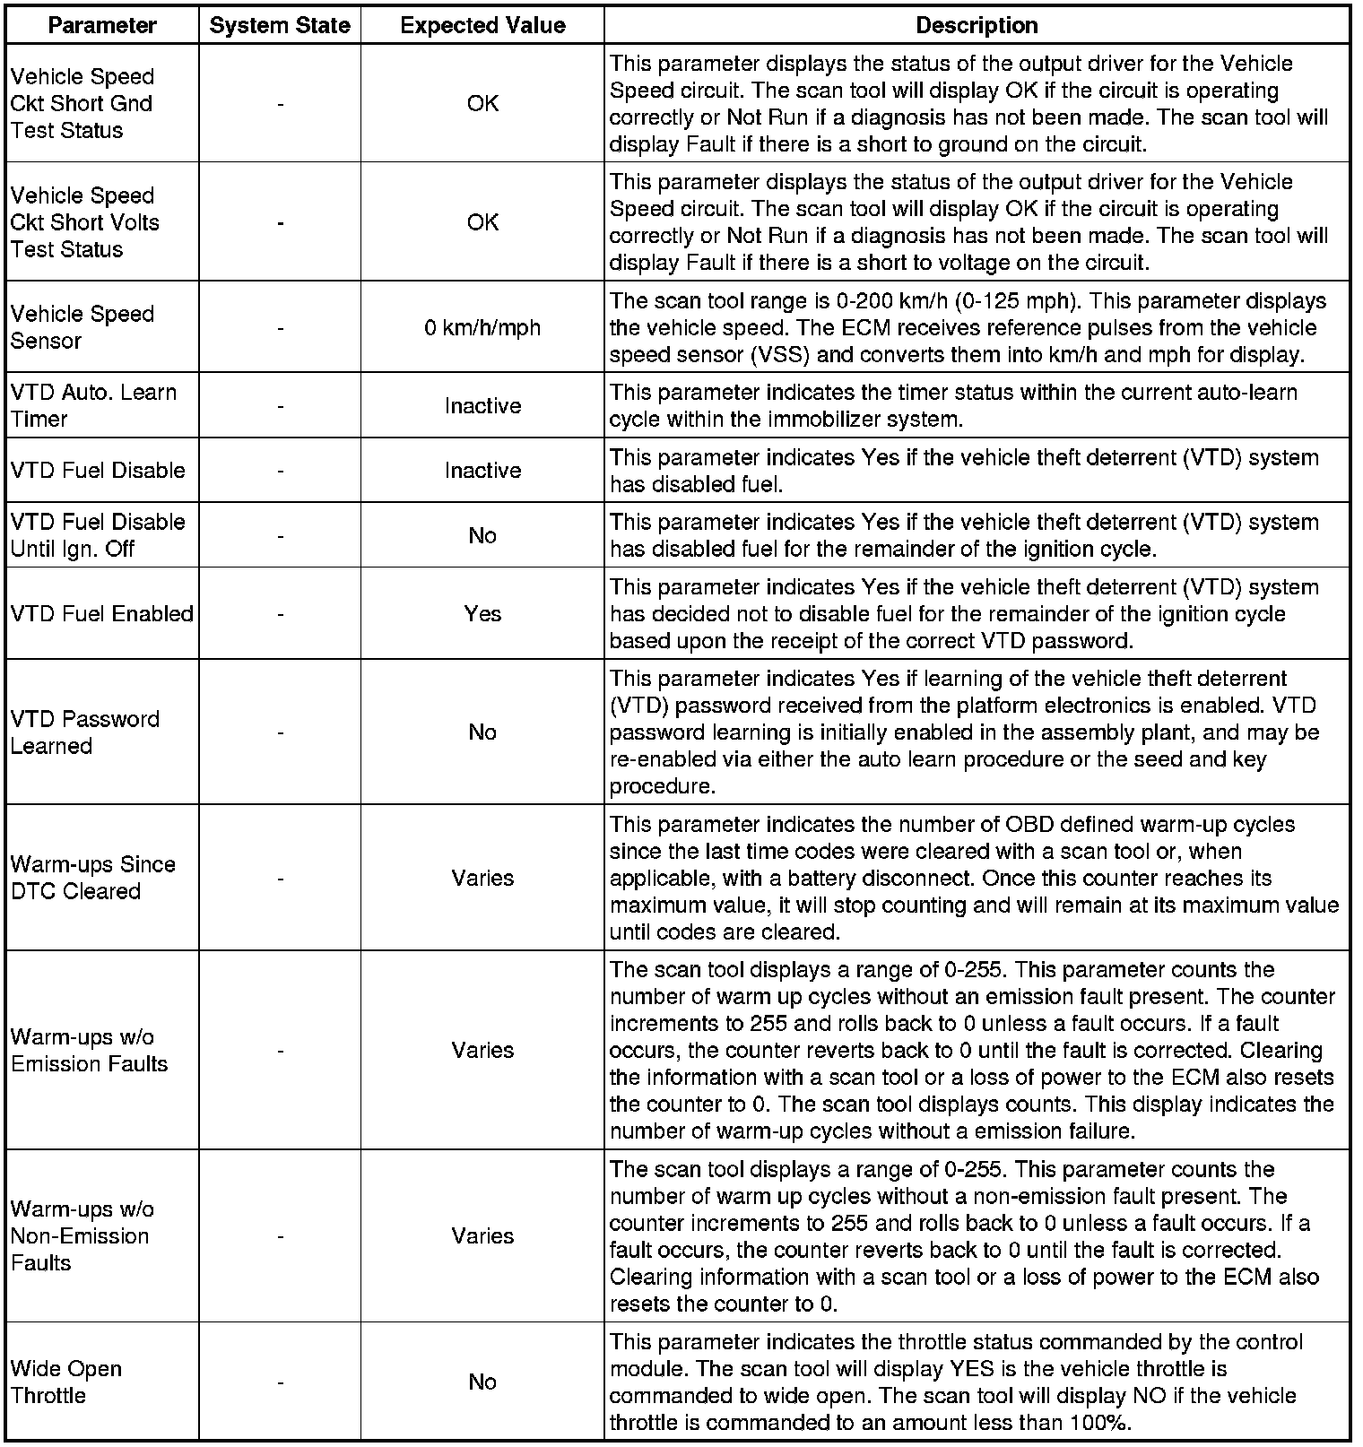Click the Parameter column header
pos(102,25)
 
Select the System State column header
pos(280,25)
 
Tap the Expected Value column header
pos(482,25)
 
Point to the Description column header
pos(977,25)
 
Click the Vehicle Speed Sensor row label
pos(82,327)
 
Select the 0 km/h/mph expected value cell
pos(482,327)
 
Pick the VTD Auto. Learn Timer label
pos(93,405)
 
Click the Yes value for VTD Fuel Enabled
pos(482,613)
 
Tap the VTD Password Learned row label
pos(85,732)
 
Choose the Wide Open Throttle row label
pos(66,1382)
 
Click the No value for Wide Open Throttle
pos(482,1382)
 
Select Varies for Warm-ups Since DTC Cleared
pos(482,877)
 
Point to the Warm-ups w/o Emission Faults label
pos(90,1050)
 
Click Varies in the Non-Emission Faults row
pos(482,1235)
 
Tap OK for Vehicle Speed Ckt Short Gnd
pos(482,103)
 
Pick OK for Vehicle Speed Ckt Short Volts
pos(482,221)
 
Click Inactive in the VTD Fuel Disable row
pos(482,470)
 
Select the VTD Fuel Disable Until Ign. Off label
pos(98,535)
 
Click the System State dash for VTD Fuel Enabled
pos(281,613)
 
